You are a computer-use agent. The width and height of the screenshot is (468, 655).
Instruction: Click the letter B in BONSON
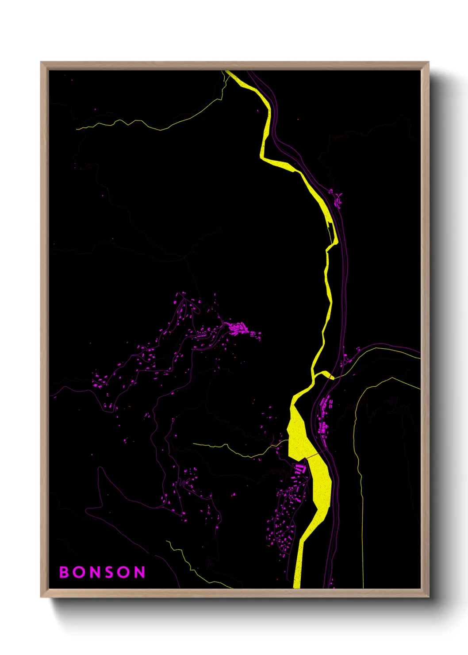65,572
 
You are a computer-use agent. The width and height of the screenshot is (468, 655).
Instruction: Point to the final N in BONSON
140,572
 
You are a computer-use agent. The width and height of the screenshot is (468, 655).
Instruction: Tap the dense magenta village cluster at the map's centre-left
238,329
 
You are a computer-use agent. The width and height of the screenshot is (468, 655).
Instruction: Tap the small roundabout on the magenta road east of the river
344,363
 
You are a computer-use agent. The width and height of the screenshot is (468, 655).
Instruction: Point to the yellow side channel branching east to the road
328,375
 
